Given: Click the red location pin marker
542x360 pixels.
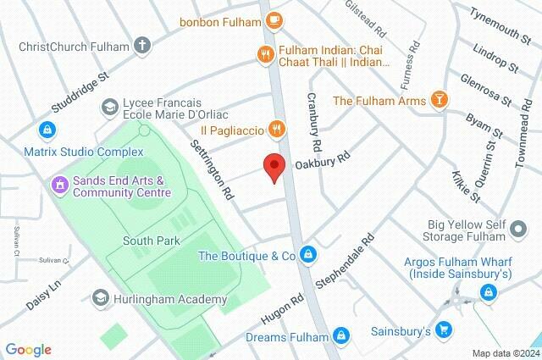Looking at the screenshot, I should coord(272,167).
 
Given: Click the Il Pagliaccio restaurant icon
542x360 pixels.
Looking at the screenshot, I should coord(275,129).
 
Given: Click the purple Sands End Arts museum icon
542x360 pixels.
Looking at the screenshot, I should coord(59,181).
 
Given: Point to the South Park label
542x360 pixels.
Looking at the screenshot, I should coord(152,241).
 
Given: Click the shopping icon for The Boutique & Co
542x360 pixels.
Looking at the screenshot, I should coord(310,255).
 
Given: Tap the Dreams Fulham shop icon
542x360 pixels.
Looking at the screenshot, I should coord(342,336).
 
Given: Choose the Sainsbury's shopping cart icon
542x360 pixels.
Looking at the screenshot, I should coord(445,330).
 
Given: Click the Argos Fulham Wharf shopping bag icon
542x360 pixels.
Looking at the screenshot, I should coord(487,292).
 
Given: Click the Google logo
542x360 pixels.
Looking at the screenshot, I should coord(27,349).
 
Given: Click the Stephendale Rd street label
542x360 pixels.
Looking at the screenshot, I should coord(346,260).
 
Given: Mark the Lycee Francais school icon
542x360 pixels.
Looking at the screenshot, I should coord(109,107).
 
